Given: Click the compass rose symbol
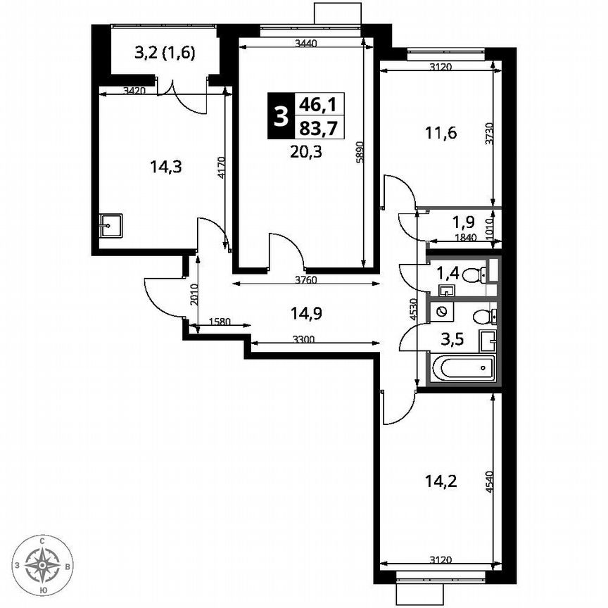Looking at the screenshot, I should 44,564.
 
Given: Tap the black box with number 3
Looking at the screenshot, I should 281,116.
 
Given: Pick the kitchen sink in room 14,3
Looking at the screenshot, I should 110,225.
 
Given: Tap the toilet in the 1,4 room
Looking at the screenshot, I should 474,273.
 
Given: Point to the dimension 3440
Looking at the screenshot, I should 305,44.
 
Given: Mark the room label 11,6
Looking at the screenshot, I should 441,132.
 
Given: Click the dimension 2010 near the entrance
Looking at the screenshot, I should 194,292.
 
